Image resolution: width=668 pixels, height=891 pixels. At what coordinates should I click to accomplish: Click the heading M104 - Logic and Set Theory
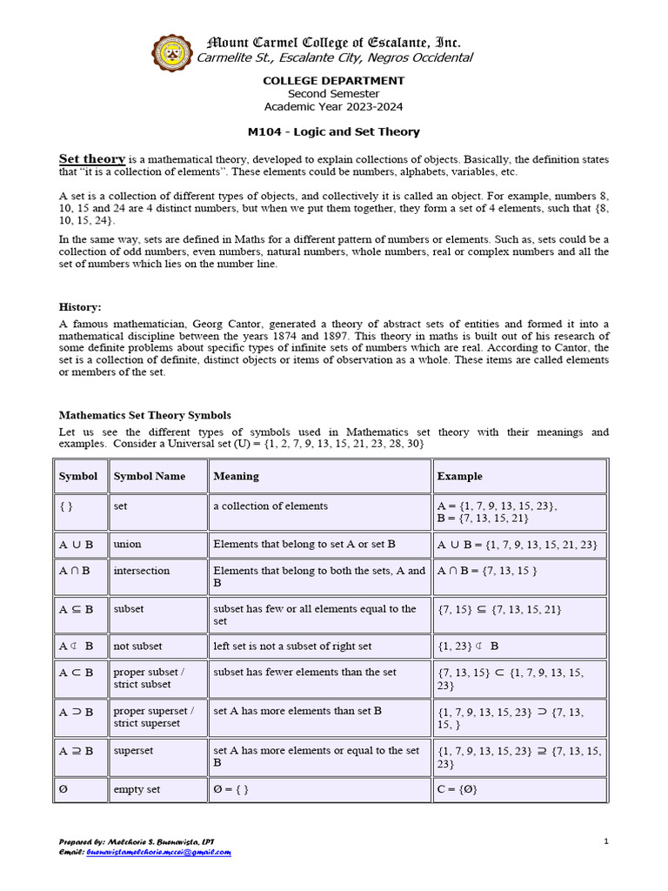pos(334,132)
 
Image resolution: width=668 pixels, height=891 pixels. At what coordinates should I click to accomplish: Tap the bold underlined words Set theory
pos(92,159)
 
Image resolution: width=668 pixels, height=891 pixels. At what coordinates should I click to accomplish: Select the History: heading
pos(80,307)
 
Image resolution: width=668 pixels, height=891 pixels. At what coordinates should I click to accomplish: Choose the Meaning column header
pos(236,476)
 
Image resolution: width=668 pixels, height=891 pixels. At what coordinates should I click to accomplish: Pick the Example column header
pos(459,476)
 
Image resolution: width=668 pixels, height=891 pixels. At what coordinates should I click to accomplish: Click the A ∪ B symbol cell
pos(76,544)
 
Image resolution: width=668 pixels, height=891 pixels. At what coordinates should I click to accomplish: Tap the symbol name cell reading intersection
pos(142,571)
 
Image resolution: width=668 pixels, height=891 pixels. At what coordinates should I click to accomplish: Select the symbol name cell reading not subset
pos(137,646)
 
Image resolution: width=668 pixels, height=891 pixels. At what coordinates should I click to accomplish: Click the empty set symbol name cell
pos(137,790)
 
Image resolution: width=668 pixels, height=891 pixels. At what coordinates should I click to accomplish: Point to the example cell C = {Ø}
pos(458,790)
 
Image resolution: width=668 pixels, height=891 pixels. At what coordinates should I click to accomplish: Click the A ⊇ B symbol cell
pos(76,750)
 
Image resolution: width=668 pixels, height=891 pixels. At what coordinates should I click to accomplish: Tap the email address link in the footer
pos(158,853)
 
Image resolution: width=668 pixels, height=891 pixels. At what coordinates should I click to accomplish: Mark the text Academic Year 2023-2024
pos(334,106)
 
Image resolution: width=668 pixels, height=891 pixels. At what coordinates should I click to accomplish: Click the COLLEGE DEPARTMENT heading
pos(334,81)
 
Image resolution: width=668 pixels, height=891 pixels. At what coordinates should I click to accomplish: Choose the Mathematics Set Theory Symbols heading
pos(144,415)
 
